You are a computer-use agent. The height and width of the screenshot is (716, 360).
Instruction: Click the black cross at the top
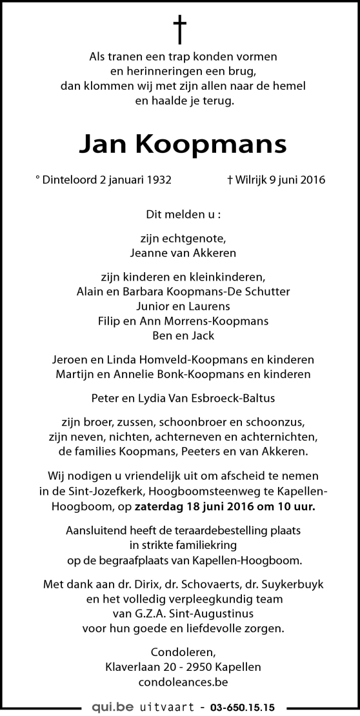coord(180,30)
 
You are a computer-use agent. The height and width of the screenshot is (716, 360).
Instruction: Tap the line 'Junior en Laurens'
coord(180,306)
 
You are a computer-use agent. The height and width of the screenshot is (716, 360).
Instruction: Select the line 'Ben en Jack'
coord(180,335)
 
